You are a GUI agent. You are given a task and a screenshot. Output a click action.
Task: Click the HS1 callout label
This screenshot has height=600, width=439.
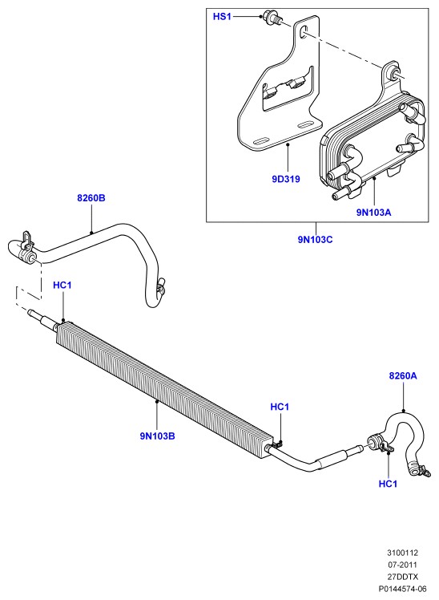(222, 17)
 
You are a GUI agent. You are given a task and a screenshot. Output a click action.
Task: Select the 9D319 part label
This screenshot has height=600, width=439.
(286, 179)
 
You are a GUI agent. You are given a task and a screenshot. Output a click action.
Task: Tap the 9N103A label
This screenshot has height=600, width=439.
(373, 212)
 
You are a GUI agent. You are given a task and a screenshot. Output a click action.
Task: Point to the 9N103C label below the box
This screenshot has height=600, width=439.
(315, 240)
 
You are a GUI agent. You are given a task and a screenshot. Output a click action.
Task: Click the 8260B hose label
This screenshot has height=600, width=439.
(91, 198)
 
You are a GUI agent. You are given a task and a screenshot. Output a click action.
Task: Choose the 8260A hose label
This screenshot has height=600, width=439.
(403, 375)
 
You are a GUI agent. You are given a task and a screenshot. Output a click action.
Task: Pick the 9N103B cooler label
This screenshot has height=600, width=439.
(157, 436)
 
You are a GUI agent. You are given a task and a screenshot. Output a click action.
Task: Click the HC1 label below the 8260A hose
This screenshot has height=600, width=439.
(388, 484)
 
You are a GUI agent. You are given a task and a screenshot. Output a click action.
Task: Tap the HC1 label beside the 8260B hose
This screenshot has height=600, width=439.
(62, 285)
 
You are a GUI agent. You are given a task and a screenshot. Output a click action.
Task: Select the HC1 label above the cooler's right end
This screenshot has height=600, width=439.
(280, 407)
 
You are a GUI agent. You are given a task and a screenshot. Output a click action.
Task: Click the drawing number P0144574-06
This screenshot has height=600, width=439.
(402, 589)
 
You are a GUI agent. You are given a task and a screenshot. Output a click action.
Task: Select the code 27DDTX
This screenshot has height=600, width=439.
(403, 577)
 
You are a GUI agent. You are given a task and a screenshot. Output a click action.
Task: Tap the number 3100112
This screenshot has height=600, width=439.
(403, 553)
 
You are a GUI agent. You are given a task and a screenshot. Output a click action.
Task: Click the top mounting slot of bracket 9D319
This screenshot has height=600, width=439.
(304, 32)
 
